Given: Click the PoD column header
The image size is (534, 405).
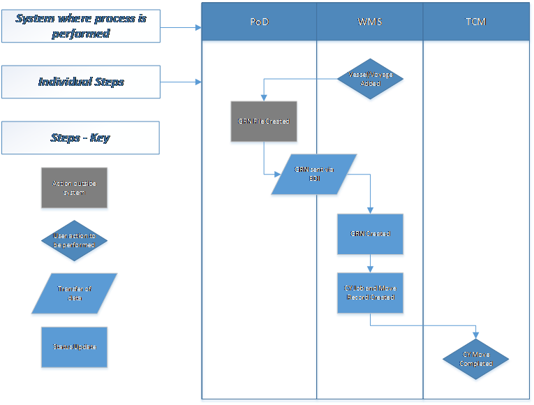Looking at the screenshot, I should [x=260, y=22].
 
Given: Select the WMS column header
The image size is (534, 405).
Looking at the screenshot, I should [x=370, y=22].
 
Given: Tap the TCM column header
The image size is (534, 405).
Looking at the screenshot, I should [x=476, y=22].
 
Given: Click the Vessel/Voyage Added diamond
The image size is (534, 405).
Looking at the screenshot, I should [x=370, y=78].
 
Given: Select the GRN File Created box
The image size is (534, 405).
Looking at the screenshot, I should [x=264, y=122].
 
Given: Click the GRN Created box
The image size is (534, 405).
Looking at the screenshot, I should [x=370, y=234].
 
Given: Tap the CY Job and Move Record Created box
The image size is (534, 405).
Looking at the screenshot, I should [x=370, y=293].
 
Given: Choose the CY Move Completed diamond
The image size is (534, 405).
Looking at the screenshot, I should [x=476, y=360].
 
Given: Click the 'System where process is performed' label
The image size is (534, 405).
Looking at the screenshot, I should [x=81, y=26].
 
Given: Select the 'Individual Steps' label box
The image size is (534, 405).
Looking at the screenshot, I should [x=81, y=82].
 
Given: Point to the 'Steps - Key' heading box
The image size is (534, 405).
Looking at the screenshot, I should [x=81, y=138].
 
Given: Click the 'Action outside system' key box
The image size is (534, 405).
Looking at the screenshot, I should [x=74, y=188].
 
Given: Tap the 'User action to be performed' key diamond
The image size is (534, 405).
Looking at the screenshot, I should [x=74, y=241].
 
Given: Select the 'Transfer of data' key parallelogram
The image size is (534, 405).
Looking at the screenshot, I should [x=74, y=293].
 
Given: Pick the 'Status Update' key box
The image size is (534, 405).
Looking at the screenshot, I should [x=74, y=347].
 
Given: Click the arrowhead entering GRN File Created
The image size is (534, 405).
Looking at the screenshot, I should [x=264, y=98].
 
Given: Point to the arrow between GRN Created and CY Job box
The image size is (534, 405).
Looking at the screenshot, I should [x=370, y=265].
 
